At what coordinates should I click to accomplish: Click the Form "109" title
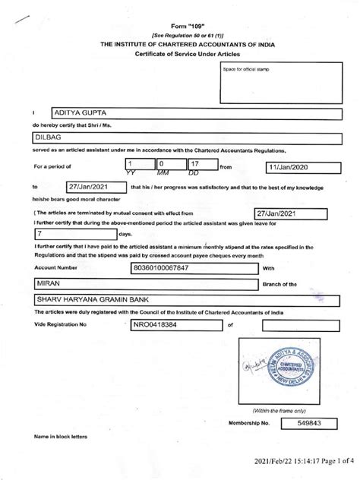[x=180, y=25]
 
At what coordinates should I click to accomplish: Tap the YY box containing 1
[x=137, y=165]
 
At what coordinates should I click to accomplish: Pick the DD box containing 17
[x=201, y=165]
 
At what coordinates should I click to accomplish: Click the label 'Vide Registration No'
[x=62, y=325]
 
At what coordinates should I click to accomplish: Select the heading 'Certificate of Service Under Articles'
[x=180, y=55]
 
